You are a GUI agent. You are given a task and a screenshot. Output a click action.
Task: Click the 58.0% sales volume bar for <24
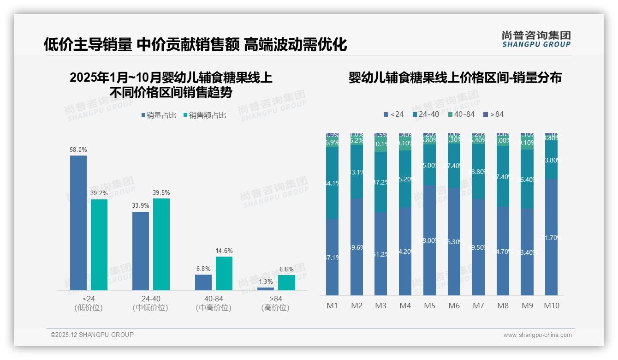[x=78, y=223]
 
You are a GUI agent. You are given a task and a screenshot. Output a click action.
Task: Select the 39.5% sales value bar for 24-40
[x=161, y=244]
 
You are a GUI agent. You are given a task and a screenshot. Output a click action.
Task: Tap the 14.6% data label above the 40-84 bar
[x=224, y=251]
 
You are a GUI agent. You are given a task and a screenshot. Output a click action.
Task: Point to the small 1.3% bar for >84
[x=266, y=289]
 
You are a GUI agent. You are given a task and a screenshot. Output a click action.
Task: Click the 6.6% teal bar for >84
[x=286, y=282]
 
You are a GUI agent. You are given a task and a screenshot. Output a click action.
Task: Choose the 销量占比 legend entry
[x=158, y=115]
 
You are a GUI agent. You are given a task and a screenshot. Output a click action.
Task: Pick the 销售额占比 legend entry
[x=204, y=115]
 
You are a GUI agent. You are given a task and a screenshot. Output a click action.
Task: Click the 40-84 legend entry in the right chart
[x=461, y=114]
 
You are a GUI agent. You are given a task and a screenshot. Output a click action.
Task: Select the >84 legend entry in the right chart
[x=493, y=114]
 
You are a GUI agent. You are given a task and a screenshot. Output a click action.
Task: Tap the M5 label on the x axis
[x=429, y=306]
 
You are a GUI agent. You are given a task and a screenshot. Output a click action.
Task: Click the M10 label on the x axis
[x=551, y=306]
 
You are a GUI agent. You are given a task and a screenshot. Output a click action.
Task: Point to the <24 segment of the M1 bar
[x=333, y=257]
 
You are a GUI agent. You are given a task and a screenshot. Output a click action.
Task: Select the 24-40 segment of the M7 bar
[x=478, y=171]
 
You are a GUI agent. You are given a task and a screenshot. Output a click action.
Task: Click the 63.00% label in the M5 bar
[x=429, y=240]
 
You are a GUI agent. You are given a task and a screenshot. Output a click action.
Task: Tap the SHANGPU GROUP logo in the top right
[x=536, y=39]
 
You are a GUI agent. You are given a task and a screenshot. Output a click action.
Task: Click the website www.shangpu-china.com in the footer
[x=537, y=335]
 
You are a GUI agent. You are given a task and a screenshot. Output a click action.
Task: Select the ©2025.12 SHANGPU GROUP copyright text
[x=92, y=335]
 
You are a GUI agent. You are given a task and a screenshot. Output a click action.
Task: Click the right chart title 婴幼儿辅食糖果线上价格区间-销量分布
[x=455, y=78]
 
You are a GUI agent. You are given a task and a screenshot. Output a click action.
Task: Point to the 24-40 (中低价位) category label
[x=150, y=303]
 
